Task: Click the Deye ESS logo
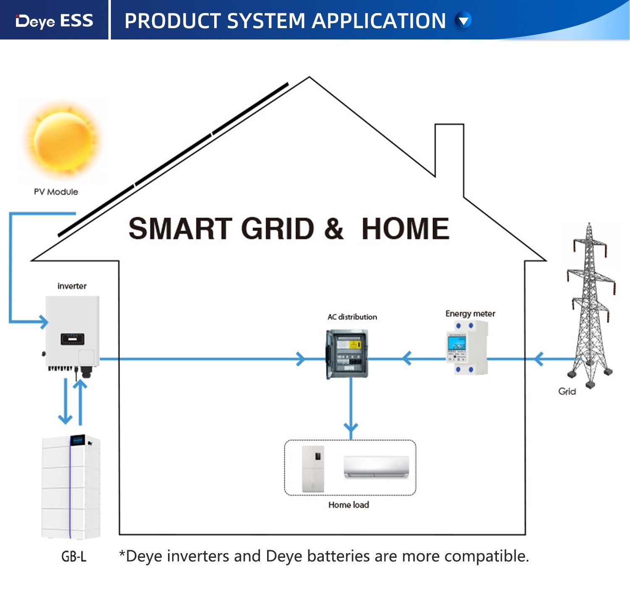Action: [x=54, y=21]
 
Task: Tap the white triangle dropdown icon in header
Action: [x=464, y=20]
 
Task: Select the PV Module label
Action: [x=56, y=192]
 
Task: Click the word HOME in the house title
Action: [x=405, y=229]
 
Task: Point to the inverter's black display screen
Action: [x=72, y=339]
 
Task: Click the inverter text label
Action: [x=72, y=286]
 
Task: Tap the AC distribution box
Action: [x=347, y=354]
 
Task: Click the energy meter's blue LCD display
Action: [x=457, y=343]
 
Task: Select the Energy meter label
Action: [x=470, y=314]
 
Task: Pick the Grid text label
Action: [x=567, y=391]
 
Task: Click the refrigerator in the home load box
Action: [x=313, y=469]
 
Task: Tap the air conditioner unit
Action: [x=376, y=467]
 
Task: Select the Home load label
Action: [x=349, y=505]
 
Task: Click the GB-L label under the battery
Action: [x=74, y=557]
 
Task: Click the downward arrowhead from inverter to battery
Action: [x=65, y=418]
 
